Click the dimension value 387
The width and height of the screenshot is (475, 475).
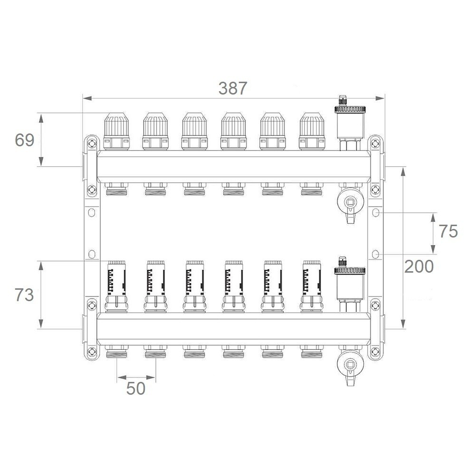(233, 88)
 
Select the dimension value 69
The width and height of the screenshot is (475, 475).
(25, 140)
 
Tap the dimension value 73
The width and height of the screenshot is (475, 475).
(24, 295)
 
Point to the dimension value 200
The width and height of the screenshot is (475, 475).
(419, 266)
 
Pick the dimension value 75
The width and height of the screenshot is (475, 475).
(448, 231)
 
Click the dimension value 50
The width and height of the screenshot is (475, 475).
(136, 389)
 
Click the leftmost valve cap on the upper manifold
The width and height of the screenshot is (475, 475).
(116, 131)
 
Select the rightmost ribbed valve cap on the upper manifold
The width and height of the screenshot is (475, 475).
(312, 131)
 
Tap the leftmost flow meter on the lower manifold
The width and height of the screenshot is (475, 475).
(116, 286)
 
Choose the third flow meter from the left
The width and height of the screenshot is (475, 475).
(194, 286)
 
